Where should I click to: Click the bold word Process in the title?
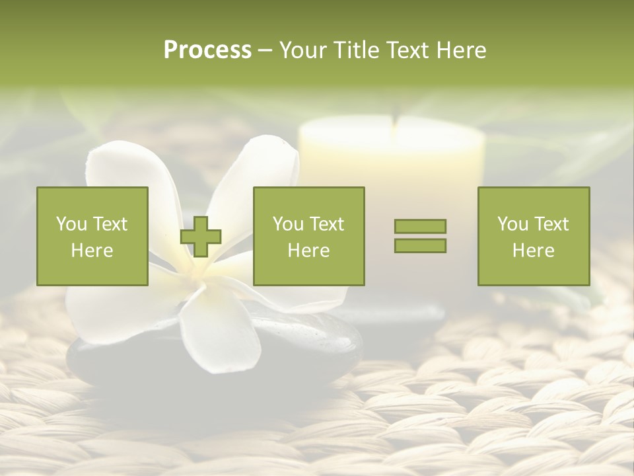click(207, 50)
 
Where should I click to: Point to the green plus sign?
click(201, 237)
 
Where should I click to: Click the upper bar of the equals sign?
click(420, 226)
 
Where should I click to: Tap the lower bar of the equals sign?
click(420, 246)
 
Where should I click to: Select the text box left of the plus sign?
click(92, 236)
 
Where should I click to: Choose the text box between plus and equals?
click(308, 236)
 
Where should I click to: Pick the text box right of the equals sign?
click(534, 236)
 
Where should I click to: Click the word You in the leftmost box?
click(71, 224)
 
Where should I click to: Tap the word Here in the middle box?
click(308, 251)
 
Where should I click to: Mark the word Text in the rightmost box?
click(551, 224)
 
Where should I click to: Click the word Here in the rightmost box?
click(534, 251)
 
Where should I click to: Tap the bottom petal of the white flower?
click(221, 331)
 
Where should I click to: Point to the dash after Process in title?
click(265, 51)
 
